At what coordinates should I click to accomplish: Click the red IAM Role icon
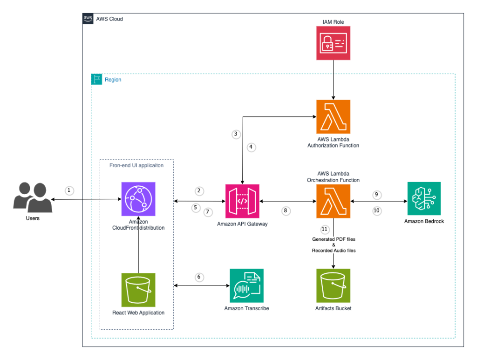point(333,43)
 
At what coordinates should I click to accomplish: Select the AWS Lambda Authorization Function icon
point(333,116)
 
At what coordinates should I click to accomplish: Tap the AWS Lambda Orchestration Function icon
point(333,201)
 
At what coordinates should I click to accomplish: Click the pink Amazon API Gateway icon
point(242,201)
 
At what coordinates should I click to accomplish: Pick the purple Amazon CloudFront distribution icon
point(138,199)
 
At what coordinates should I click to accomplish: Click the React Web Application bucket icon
point(138,290)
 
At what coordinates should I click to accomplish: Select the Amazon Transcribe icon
point(246,285)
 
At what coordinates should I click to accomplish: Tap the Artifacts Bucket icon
point(333,285)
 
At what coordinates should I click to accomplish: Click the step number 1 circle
point(69,190)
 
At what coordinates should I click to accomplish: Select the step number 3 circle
point(236,134)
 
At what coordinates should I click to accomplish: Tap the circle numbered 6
point(199,277)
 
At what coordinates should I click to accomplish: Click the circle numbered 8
point(286,211)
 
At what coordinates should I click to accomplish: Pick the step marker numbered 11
point(325,230)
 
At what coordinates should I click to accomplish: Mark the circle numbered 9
point(377,195)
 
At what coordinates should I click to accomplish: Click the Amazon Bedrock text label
point(424,222)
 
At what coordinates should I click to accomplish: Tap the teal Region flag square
point(96,80)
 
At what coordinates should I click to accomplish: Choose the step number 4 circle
point(251,147)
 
